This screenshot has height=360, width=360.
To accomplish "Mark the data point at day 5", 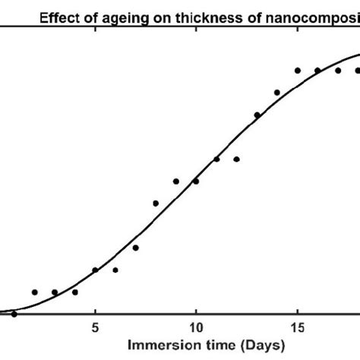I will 95,270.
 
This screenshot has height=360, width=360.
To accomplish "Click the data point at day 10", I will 196,181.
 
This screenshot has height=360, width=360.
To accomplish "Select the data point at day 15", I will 298,70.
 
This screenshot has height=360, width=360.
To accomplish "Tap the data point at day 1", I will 14,314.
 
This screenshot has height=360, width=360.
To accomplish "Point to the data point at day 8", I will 156,203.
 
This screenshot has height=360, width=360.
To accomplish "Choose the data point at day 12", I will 237,159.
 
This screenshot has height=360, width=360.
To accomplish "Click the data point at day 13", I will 257,115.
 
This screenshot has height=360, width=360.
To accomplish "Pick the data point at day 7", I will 135,248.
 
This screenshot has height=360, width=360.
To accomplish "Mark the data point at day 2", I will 34,292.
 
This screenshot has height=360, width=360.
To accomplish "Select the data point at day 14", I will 277,93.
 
